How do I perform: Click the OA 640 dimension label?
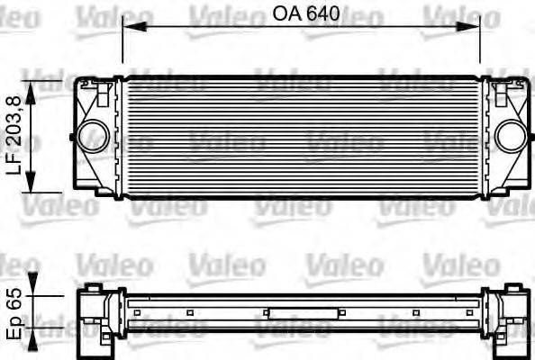(x=300, y=14)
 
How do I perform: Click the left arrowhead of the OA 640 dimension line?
(x=127, y=27)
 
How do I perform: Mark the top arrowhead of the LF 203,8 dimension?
(x=33, y=84)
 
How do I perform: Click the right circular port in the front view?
(x=509, y=136)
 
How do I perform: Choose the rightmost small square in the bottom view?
(x=459, y=313)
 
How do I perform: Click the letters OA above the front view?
(x=285, y=14)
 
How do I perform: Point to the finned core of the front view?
(x=302, y=135)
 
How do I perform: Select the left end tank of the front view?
(x=96, y=135)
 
